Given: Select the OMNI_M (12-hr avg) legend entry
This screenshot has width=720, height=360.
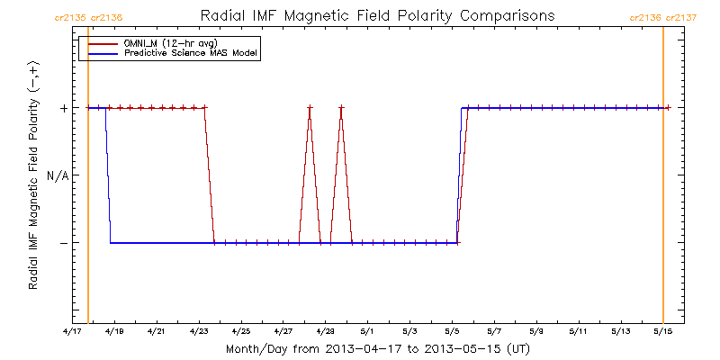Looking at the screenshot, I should (162, 43).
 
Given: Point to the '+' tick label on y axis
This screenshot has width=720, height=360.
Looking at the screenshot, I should (64, 108).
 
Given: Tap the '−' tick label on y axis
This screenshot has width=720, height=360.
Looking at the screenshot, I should (64, 243).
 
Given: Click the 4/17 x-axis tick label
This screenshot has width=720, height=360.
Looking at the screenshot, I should (72, 331).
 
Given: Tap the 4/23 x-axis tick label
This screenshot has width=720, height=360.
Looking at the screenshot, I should (199, 331).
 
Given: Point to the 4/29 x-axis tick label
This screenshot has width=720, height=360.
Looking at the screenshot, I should (326, 331).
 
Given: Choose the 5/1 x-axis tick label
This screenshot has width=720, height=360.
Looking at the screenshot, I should (368, 331).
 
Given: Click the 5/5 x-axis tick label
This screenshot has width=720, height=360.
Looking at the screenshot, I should (453, 331).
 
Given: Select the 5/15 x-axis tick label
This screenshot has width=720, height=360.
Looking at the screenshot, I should (663, 331).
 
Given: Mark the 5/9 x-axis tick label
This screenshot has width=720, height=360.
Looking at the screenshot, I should (537, 331).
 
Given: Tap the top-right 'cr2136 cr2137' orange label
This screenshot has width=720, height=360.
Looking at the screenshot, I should (662, 16).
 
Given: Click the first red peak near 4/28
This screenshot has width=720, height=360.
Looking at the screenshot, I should (310, 108).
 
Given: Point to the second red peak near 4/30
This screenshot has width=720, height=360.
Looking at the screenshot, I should (341, 108).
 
